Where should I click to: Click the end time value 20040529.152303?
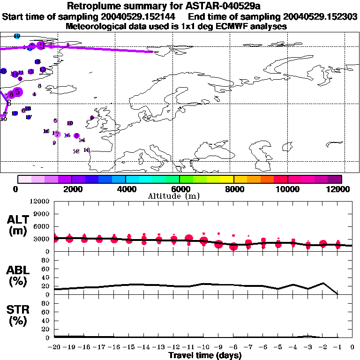point(315,17)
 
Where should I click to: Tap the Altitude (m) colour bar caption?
point(180,196)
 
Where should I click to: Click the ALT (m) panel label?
point(18,225)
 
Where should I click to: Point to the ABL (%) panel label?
point(18,275)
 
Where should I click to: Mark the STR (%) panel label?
point(18,315)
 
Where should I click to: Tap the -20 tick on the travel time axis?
point(54,347)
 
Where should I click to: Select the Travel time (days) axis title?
point(205,356)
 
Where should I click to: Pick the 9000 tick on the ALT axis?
point(42,214)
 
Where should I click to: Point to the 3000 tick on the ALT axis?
point(42,239)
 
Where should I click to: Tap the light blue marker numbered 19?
point(17,36)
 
